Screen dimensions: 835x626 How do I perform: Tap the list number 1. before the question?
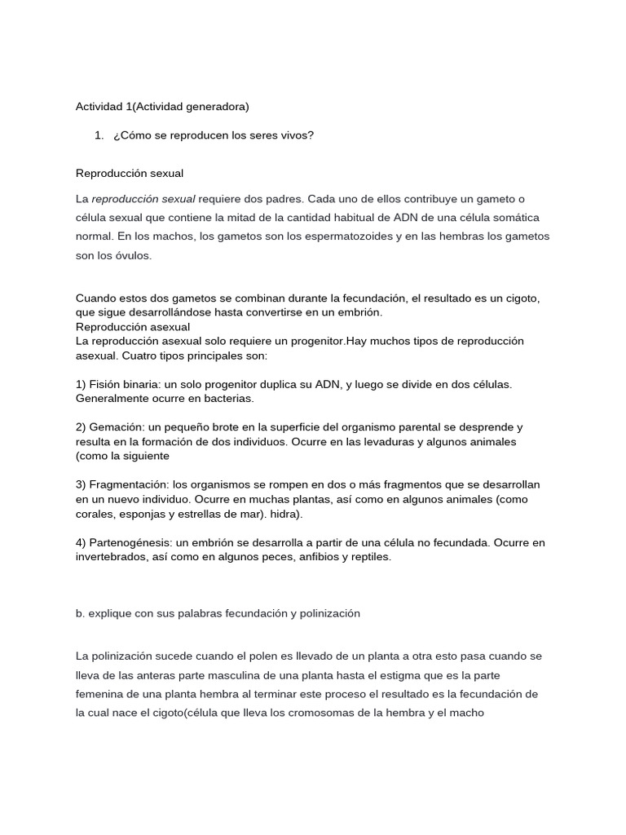click(x=99, y=135)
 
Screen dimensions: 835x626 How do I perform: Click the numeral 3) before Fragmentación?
click(x=81, y=484)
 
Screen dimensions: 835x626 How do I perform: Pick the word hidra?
click(x=285, y=514)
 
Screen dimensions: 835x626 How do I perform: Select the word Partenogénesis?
click(x=130, y=542)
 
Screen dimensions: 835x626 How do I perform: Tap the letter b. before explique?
click(x=81, y=613)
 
